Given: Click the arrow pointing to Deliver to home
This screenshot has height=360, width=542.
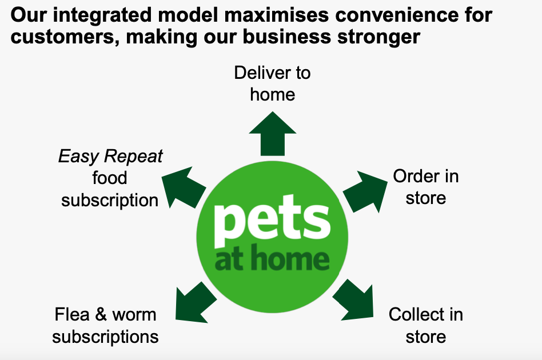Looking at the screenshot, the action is [x=272, y=134].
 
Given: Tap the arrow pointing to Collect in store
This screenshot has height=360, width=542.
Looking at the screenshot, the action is [x=354, y=299].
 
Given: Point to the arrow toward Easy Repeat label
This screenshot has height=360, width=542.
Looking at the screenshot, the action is [x=184, y=187].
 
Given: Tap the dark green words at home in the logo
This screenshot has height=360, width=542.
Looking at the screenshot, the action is [x=272, y=257].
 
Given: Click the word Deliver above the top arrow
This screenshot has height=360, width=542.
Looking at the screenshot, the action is [x=262, y=73].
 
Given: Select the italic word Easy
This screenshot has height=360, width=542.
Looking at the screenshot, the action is [x=79, y=157].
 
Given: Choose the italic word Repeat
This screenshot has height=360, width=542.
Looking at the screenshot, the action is [x=133, y=157].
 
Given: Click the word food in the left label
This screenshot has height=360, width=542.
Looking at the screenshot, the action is [x=110, y=178].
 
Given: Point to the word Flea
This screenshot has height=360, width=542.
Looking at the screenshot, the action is [x=72, y=315].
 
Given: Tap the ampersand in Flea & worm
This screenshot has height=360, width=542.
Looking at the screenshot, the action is [x=101, y=315].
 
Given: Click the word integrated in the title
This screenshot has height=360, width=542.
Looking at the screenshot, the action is [x=102, y=15].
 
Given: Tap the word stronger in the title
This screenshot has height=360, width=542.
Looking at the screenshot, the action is [x=379, y=37].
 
